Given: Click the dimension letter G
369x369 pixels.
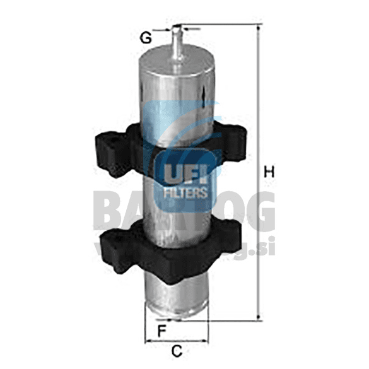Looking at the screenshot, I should (x=146, y=38).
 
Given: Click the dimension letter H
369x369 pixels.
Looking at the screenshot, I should (x=270, y=172).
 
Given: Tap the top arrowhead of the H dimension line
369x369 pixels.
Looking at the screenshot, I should (x=258, y=28).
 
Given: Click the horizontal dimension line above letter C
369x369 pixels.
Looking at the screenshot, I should (x=177, y=341).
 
